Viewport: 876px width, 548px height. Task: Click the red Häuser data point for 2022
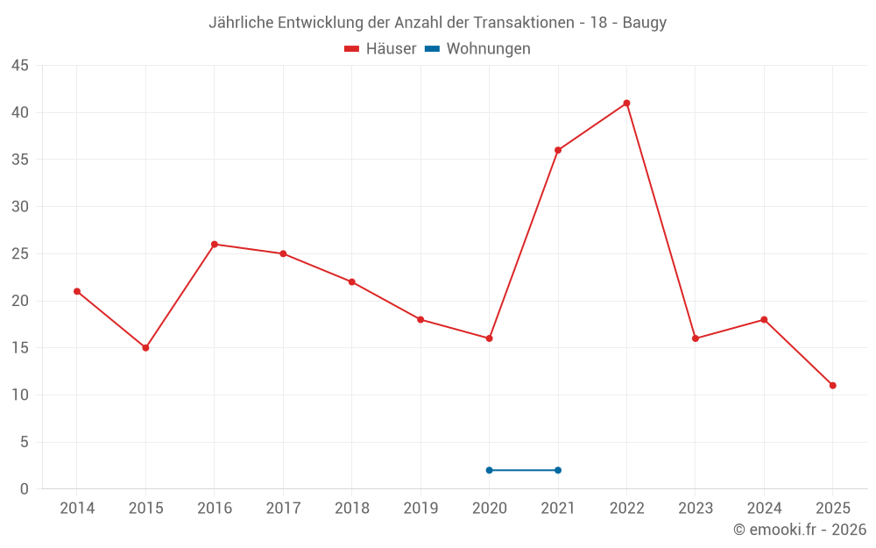click(x=626, y=103)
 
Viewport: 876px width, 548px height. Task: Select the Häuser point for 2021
click(x=558, y=150)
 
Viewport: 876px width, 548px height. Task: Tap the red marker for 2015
click(x=145, y=348)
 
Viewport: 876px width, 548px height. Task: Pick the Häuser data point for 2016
click(x=215, y=245)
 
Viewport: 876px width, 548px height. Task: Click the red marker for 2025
click(x=832, y=386)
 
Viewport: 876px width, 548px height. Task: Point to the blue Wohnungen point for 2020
click(x=490, y=470)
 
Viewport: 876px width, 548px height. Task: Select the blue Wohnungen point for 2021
click(x=558, y=470)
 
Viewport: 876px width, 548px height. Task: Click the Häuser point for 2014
click(x=77, y=291)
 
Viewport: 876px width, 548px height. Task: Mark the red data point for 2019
click(x=420, y=320)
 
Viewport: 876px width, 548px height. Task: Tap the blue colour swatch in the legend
click(x=432, y=49)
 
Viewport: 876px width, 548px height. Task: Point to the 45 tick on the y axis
click(x=20, y=66)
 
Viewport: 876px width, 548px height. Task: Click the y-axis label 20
click(x=20, y=301)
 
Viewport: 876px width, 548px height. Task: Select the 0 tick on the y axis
click(x=25, y=489)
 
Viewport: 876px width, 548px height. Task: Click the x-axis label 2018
click(x=351, y=509)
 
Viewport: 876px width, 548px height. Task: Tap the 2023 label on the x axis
click(x=696, y=509)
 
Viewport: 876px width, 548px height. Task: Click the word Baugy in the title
click(x=645, y=23)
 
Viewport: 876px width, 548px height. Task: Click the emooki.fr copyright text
click(x=800, y=530)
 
